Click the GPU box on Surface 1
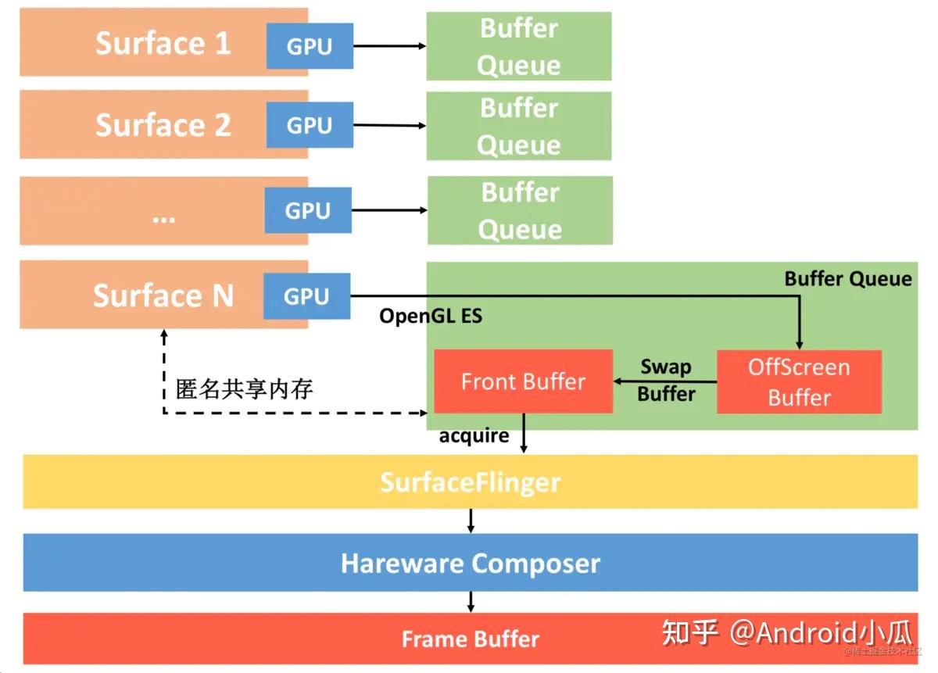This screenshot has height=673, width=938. pyautogui.click(x=310, y=46)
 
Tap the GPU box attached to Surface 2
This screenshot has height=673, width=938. pyautogui.click(x=310, y=125)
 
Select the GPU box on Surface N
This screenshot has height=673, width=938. pyautogui.click(x=306, y=296)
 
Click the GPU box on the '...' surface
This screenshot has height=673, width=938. pyautogui.click(x=308, y=210)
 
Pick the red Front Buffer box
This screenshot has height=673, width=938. pyautogui.click(x=523, y=381)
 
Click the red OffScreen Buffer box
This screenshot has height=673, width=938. pyautogui.click(x=799, y=382)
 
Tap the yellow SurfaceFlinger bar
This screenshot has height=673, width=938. pyautogui.click(x=470, y=481)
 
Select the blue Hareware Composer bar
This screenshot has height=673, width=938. pyautogui.click(x=470, y=563)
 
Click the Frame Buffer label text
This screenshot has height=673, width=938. pyautogui.click(x=470, y=639)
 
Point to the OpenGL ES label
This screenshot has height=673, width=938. pyautogui.click(x=431, y=316)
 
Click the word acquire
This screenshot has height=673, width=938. pyautogui.click(x=474, y=435)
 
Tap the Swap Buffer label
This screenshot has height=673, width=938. pyautogui.click(x=666, y=381)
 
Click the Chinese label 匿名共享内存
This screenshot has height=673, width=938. pyautogui.click(x=244, y=388)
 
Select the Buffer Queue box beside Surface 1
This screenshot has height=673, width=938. pyautogui.click(x=518, y=46)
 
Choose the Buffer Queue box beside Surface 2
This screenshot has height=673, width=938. pyautogui.click(x=518, y=126)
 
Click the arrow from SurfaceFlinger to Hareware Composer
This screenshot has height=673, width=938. pyautogui.click(x=471, y=521)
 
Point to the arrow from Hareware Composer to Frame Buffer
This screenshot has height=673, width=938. pyautogui.click(x=471, y=602)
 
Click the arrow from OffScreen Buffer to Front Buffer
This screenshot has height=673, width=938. pyautogui.click(x=664, y=382)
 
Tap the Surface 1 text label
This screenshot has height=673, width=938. pyautogui.click(x=163, y=43)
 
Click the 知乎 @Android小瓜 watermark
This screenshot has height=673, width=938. pyautogui.click(x=786, y=632)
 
